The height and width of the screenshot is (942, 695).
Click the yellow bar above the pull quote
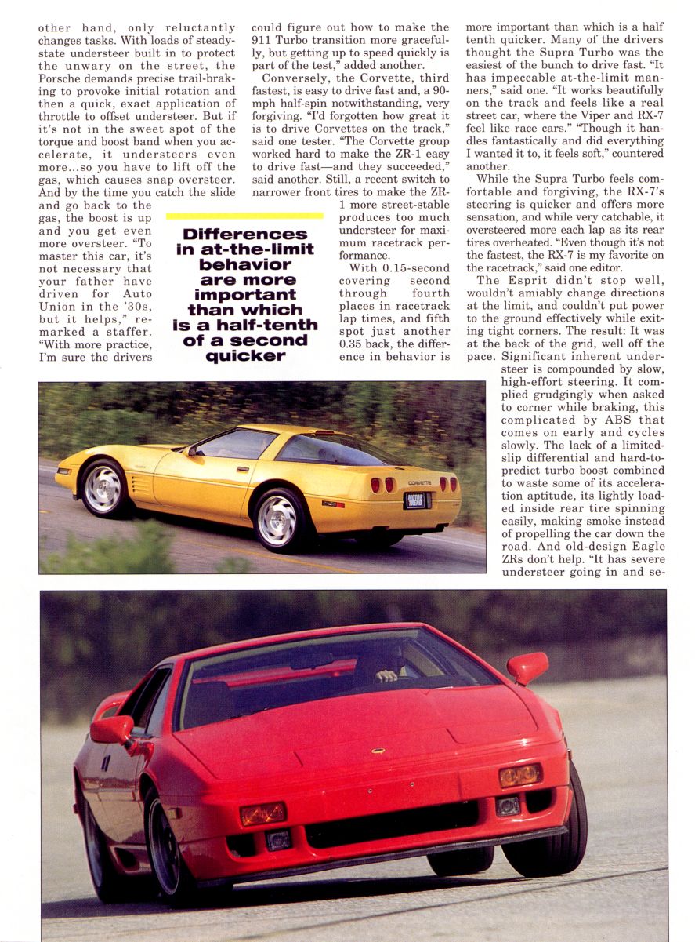[244, 215]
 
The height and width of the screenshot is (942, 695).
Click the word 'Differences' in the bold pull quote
[244, 234]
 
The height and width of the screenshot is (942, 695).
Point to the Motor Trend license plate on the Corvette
[416, 499]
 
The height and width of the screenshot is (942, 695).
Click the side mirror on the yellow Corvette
[190, 450]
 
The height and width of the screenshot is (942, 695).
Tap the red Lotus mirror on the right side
[528, 667]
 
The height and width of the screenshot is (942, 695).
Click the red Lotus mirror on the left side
[111, 730]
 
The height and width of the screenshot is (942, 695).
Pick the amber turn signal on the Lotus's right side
[520, 775]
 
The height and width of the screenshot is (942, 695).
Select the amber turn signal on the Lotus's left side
[262, 814]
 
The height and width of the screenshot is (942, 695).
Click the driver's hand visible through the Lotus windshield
[385, 675]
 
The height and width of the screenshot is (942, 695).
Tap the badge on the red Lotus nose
[378, 751]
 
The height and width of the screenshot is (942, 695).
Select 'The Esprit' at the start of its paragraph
[503, 280]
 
